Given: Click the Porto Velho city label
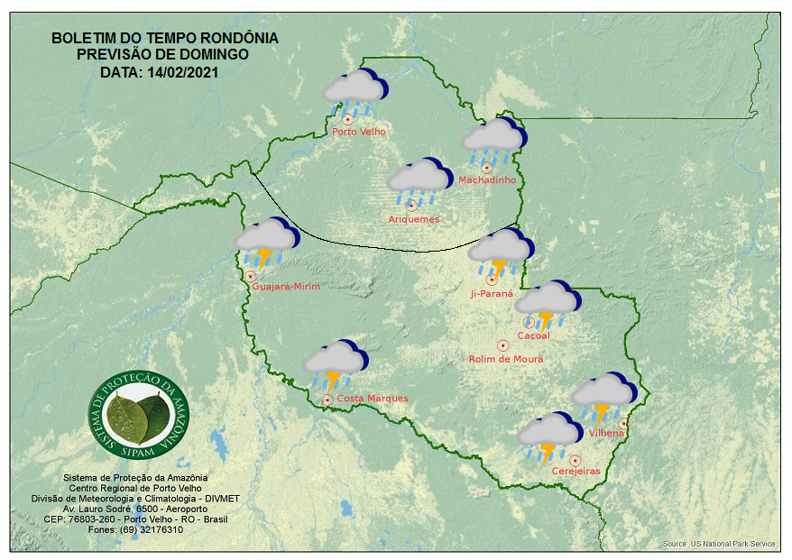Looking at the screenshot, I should click(359, 132).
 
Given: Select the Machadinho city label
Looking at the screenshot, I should click(487, 180).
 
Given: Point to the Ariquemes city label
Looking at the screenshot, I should click(414, 219).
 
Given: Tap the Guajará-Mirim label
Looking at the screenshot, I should click(287, 287).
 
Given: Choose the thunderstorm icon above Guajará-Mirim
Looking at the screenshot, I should click(266, 242).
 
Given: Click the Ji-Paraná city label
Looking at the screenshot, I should click(492, 294).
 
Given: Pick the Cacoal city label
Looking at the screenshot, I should click(533, 336).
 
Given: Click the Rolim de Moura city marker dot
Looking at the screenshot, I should click(502, 344).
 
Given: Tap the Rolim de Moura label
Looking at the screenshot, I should click(506, 359).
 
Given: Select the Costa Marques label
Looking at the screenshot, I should click(373, 399).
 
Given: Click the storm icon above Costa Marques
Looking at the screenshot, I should click(333, 363).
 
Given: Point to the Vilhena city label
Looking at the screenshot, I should click(606, 433).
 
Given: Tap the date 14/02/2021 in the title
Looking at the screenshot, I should click(189, 72).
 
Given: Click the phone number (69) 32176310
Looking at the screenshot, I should click(150, 529).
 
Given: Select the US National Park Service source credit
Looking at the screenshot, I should click(719, 544).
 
